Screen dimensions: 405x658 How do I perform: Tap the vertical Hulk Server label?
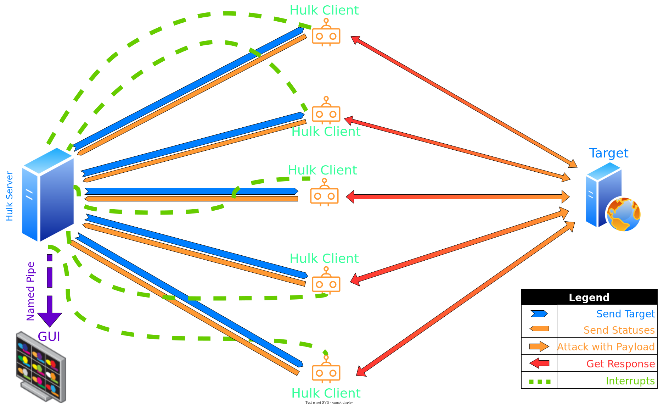(x=10, y=196)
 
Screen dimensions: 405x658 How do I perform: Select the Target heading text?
(x=608, y=153)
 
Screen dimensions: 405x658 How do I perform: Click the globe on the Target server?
(x=624, y=214)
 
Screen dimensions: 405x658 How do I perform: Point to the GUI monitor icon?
(x=41, y=367)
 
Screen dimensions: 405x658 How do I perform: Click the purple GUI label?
(x=49, y=337)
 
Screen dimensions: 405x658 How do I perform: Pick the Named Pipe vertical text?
(x=31, y=291)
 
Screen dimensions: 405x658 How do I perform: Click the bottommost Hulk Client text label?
(x=326, y=393)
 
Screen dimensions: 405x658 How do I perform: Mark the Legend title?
(x=589, y=298)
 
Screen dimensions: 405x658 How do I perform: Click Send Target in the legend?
(x=625, y=314)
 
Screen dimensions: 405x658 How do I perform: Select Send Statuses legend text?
(x=619, y=330)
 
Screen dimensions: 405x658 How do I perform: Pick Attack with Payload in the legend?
(x=606, y=347)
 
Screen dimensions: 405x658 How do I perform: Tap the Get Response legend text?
(x=620, y=364)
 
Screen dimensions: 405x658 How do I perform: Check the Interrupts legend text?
(x=630, y=381)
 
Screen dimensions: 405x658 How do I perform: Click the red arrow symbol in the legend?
(x=539, y=363)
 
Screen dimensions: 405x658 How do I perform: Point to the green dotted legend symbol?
(x=539, y=382)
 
